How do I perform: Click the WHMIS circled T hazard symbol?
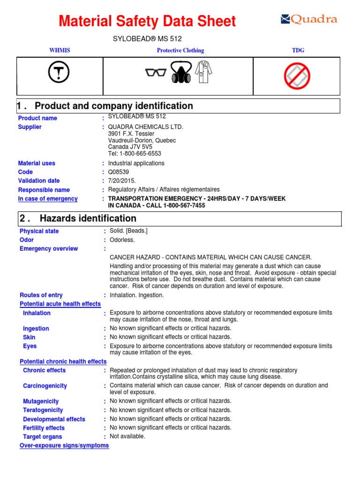click(x=59, y=73)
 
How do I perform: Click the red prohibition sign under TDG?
click(x=297, y=76)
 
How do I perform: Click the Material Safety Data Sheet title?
click(x=147, y=22)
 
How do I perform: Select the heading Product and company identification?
click(x=113, y=106)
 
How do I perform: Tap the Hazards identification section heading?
click(x=88, y=218)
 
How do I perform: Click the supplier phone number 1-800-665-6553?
click(x=135, y=154)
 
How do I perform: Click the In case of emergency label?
click(x=48, y=199)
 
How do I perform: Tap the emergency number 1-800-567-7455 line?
click(x=157, y=206)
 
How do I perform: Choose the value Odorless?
click(x=122, y=240)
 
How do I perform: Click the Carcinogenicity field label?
click(x=45, y=386)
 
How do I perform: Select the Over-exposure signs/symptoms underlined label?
click(x=64, y=445)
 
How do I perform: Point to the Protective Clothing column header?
click(x=180, y=51)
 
